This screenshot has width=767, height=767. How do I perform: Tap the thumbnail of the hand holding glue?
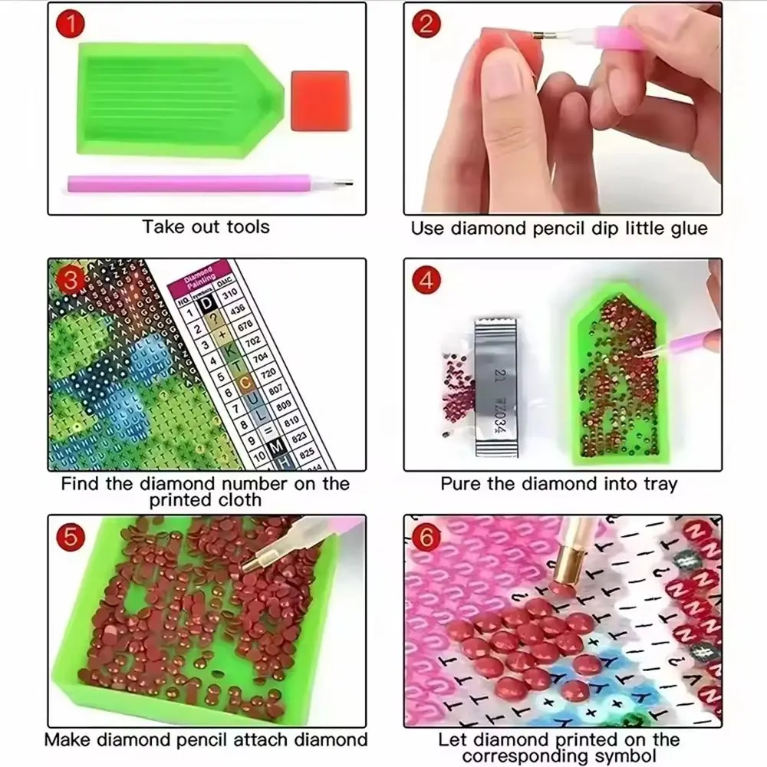point(562,109)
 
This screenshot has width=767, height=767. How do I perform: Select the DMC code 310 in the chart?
point(229,295)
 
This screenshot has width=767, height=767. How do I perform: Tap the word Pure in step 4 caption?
point(459,485)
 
